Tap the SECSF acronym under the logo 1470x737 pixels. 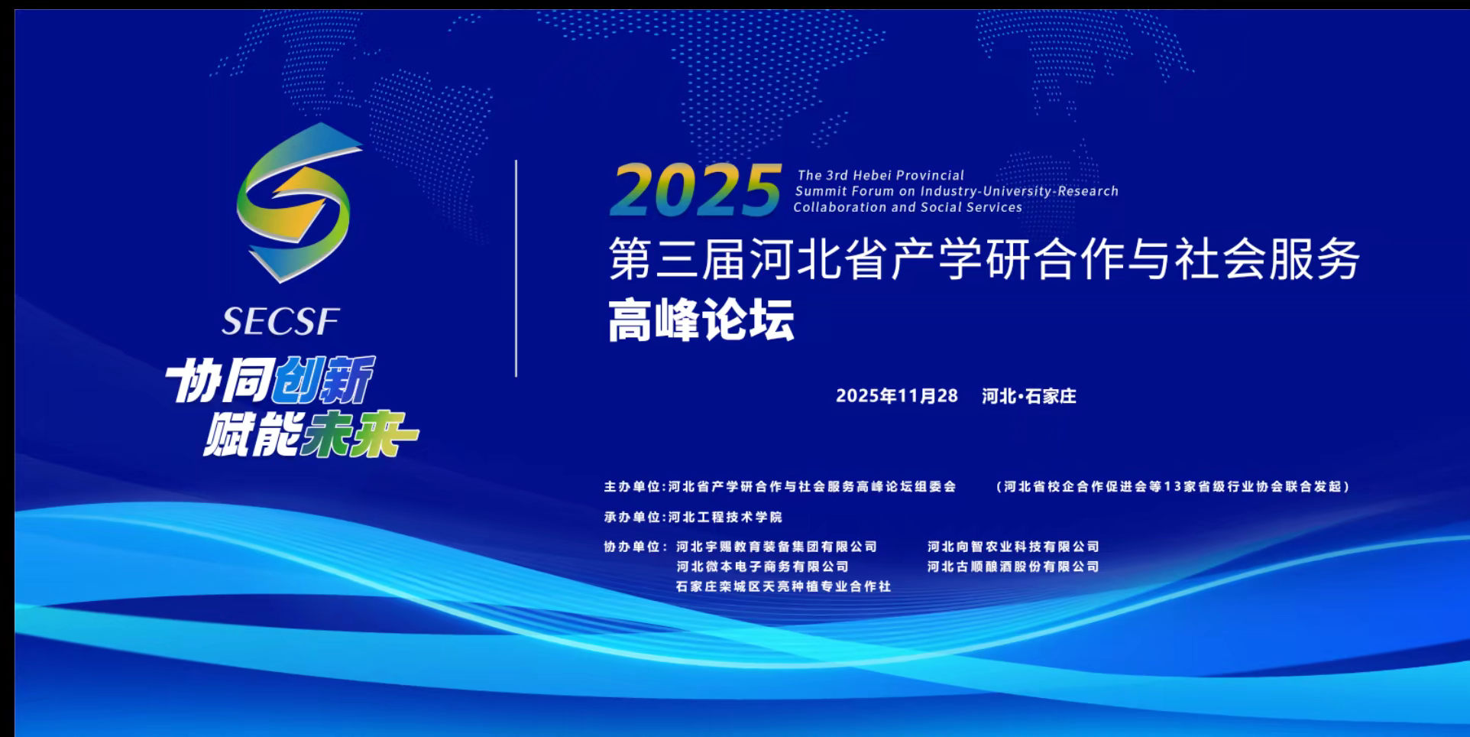click(x=280, y=322)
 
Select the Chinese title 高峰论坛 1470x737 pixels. click(x=701, y=320)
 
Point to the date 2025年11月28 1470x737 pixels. click(x=897, y=396)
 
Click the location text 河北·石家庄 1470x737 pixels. click(x=1029, y=396)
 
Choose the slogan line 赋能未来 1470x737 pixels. click(x=311, y=434)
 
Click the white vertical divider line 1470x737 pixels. click(x=516, y=268)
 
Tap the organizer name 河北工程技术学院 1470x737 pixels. click(x=725, y=517)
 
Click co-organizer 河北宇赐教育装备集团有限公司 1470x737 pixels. click(x=777, y=547)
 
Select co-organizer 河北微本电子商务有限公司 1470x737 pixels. click(x=763, y=567)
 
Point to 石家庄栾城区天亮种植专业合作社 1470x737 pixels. click(x=783, y=586)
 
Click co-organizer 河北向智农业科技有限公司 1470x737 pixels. click(x=1013, y=547)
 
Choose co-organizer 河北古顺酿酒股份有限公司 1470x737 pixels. click(x=1013, y=567)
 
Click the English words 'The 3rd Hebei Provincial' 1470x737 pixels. click(x=881, y=175)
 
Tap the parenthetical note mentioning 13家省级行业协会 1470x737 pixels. click(x=1174, y=486)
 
